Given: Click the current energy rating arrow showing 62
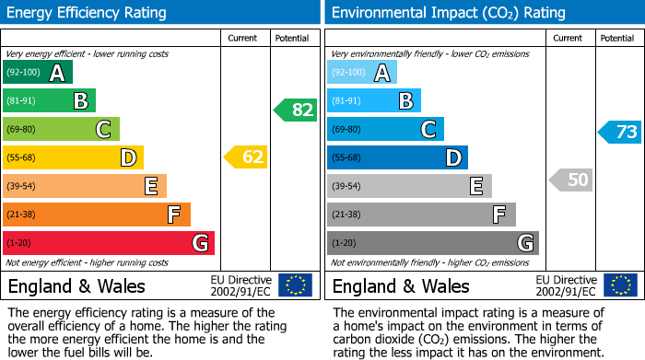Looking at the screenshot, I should click(246, 157).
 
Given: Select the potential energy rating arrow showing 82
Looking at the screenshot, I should click(296, 110).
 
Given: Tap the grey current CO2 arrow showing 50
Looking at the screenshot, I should click(571, 180).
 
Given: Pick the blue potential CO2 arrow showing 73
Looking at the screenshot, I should click(620, 132).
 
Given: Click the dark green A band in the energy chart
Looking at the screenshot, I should click(37, 73).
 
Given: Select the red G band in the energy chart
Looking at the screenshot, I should click(108, 243).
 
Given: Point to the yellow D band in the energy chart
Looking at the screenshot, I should click(73, 157).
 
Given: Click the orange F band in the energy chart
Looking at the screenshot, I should click(96, 215).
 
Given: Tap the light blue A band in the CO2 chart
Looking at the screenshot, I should click(361, 73).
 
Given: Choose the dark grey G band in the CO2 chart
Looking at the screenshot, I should click(432, 243).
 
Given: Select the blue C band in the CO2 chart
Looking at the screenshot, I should click(385, 129).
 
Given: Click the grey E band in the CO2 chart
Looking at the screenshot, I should click(409, 186).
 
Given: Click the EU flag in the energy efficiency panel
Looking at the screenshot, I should click(295, 285).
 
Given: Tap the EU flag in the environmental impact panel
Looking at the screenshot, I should click(620, 285).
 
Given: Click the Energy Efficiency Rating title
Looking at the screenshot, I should click(88, 13).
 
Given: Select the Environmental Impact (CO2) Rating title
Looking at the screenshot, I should click(448, 13).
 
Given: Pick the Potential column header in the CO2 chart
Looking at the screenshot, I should click(616, 38).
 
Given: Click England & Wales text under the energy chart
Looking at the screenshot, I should click(76, 285).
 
